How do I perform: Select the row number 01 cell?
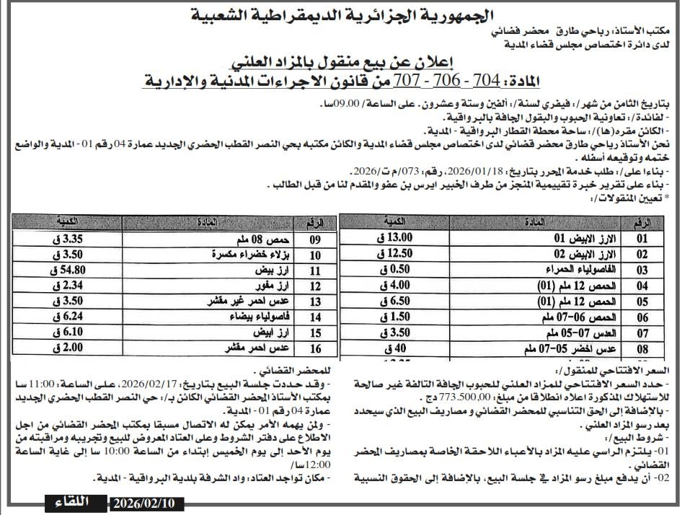point(642,238)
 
